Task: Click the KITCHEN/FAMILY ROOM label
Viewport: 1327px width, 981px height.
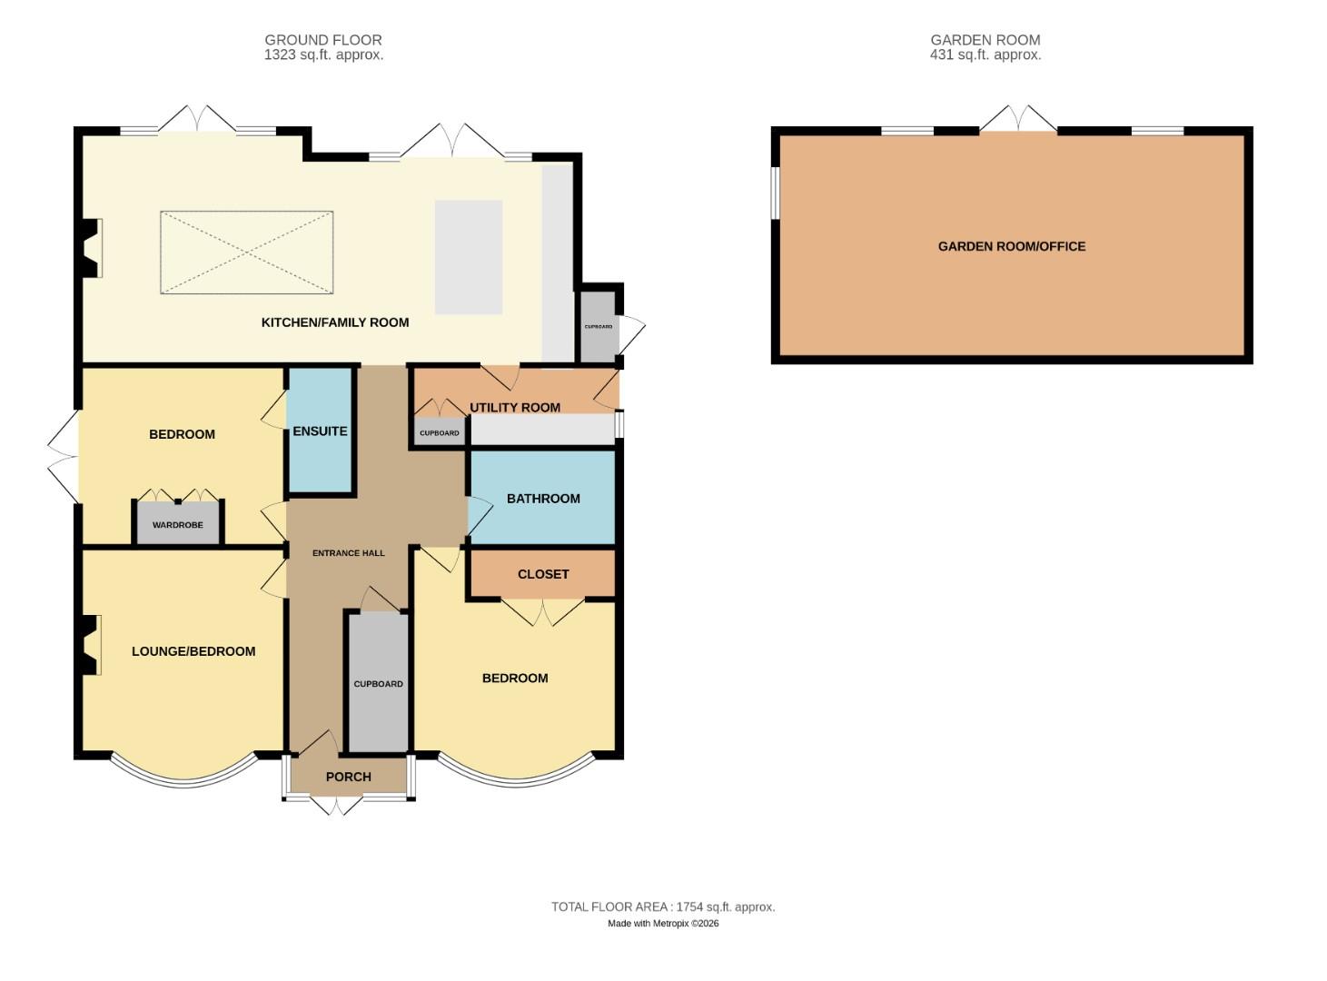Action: click(335, 322)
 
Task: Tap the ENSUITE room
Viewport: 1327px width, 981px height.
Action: click(320, 431)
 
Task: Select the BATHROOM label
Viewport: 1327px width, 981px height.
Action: click(543, 499)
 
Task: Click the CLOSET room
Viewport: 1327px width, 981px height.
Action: click(543, 574)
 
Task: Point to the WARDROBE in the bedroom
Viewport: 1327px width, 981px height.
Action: click(178, 525)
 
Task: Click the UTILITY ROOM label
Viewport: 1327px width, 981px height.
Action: click(515, 407)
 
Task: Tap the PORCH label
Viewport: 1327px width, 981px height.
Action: click(348, 777)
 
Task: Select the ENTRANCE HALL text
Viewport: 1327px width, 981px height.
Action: click(348, 553)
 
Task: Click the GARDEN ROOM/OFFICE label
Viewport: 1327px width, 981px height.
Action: click(1012, 246)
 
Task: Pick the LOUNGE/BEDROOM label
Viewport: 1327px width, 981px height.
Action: click(193, 651)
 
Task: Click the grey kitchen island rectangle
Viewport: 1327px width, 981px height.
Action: click(469, 257)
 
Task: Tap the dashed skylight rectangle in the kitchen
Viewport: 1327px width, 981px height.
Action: click(247, 253)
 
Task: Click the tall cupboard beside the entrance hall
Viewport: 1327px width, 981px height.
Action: click(378, 683)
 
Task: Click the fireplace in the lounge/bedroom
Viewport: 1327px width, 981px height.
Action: click(89, 646)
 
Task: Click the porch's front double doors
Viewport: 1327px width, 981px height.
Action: click(336, 805)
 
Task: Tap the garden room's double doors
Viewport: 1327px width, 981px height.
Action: click(1018, 119)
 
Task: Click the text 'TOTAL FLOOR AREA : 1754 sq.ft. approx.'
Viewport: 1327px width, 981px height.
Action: click(663, 907)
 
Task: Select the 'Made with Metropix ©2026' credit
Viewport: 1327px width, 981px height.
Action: click(663, 923)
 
